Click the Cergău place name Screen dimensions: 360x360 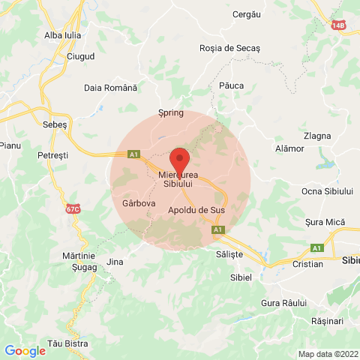[x=247, y=14]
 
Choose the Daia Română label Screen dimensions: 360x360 [x=111, y=88]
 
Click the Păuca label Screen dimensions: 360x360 [x=231, y=85]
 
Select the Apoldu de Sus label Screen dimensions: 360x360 [x=197, y=210]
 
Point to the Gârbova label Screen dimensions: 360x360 [x=138, y=203]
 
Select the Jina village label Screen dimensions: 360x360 [x=115, y=262]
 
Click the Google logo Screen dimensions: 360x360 [x=25, y=350]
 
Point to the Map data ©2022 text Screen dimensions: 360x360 [x=328, y=354]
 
